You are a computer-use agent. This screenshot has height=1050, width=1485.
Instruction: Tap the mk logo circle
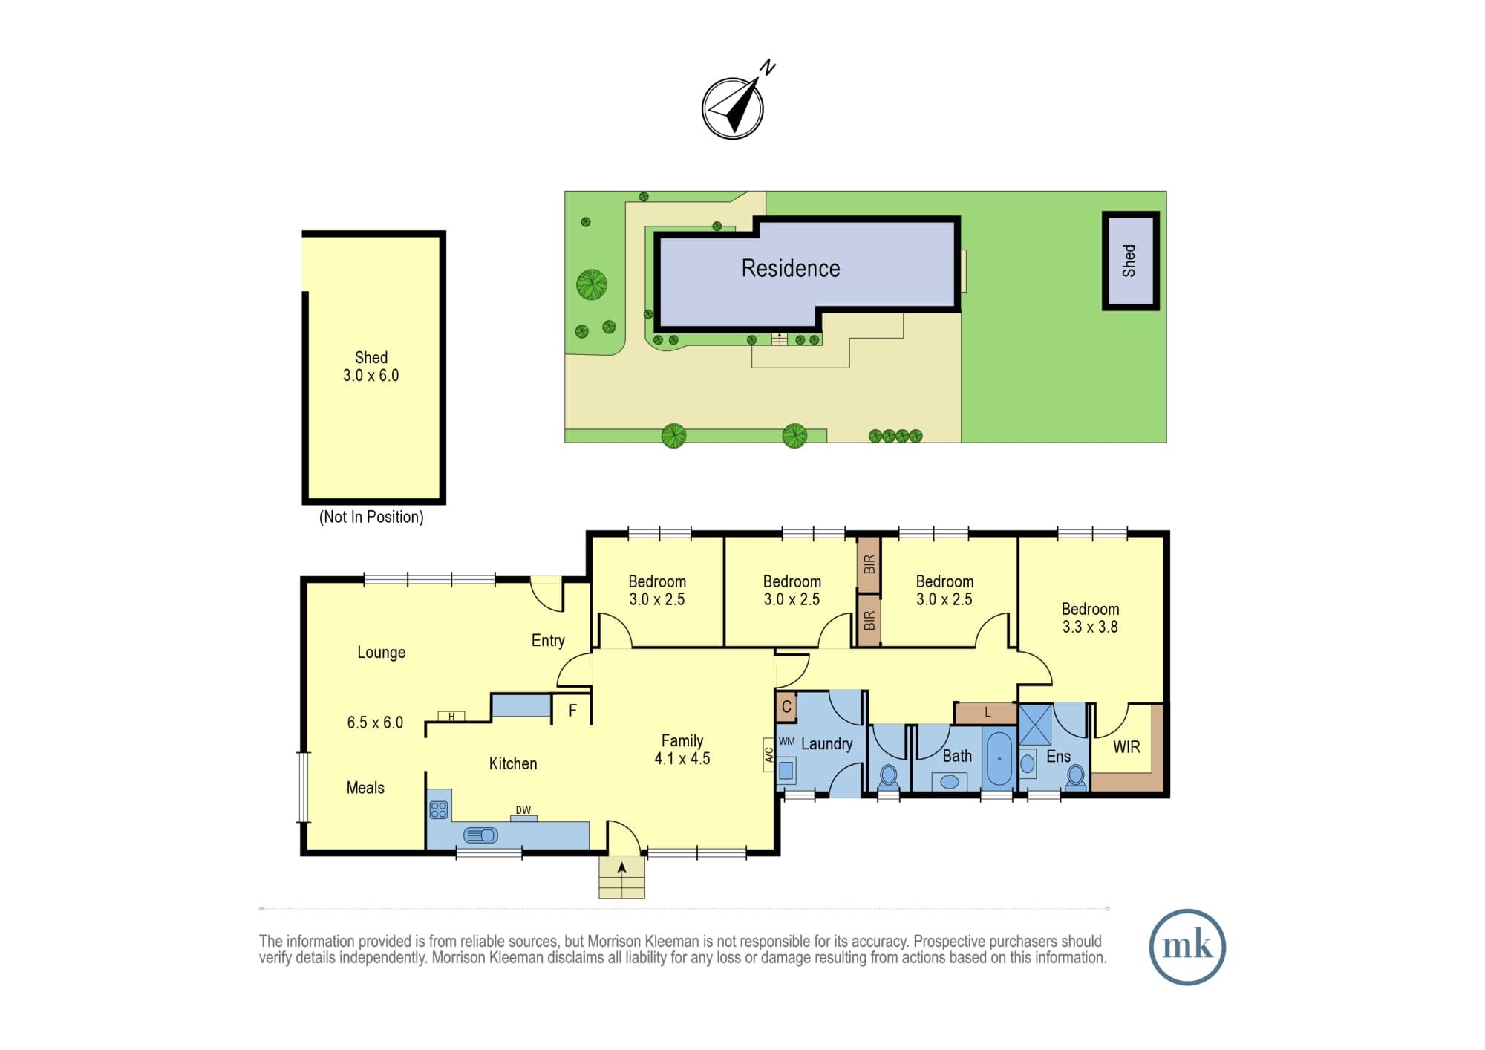[x=1187, y=947]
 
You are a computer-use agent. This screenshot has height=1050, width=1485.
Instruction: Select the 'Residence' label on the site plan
[x=791, y=268]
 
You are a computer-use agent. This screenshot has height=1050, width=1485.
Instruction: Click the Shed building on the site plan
[x=1130, y=261]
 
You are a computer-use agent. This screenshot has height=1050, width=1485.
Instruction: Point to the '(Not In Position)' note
[x=371, y=517]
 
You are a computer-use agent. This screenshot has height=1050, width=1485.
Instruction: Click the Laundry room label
[x=826, y=744]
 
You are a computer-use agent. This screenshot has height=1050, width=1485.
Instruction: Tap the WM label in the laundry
[x=786, y=741]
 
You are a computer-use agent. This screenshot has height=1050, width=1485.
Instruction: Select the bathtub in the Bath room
[x=999, y=758]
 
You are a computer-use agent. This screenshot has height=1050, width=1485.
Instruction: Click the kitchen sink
[x=480, y=835]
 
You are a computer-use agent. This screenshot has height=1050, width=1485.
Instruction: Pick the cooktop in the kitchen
[x=439, y=809]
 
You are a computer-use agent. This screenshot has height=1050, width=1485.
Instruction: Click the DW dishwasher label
[x=523, y=810]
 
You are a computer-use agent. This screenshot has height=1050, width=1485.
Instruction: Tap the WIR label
[x=1126, y=747]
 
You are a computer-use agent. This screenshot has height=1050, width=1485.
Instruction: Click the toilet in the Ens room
[x=1075, y=777]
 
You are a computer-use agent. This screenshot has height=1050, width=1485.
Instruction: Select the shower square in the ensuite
[x=1035, y=725]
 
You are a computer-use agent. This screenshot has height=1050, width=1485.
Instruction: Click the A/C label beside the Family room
[x=769, y=755]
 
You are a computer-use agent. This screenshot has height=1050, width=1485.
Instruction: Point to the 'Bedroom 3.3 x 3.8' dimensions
[x=1090, y=618]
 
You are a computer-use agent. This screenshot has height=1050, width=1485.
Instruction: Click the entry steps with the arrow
[x=622, y=878]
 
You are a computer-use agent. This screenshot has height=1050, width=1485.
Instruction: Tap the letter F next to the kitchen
[x=572, y=711]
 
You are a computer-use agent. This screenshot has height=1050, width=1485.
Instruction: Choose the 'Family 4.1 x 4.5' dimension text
[x=682, y=749]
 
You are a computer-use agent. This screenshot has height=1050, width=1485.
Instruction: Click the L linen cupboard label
[x=988, y=712]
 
